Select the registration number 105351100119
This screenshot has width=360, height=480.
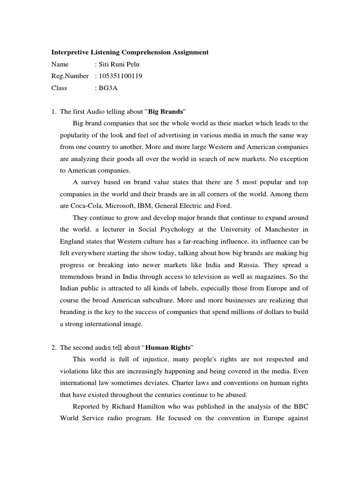coord(120,76)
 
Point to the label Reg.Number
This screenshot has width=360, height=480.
coord(70,76)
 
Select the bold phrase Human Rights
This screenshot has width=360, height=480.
coord(162,347)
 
